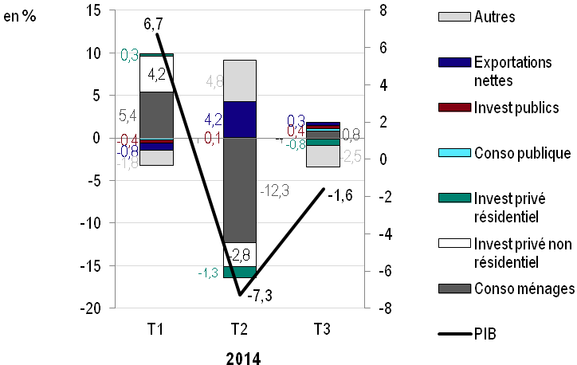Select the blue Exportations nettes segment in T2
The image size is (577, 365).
(x=239, y=120)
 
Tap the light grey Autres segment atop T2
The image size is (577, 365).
(x=239, y=80)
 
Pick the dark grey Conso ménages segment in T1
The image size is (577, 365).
(x=157, y=115)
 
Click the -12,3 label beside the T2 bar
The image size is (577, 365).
(x=275, y=190)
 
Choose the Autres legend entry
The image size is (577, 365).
(x=494, y=16)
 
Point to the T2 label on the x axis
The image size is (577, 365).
(x=239, y=329)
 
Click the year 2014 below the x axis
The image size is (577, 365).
(x=239, y=358)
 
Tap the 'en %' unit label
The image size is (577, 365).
(x=20, y=17)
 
